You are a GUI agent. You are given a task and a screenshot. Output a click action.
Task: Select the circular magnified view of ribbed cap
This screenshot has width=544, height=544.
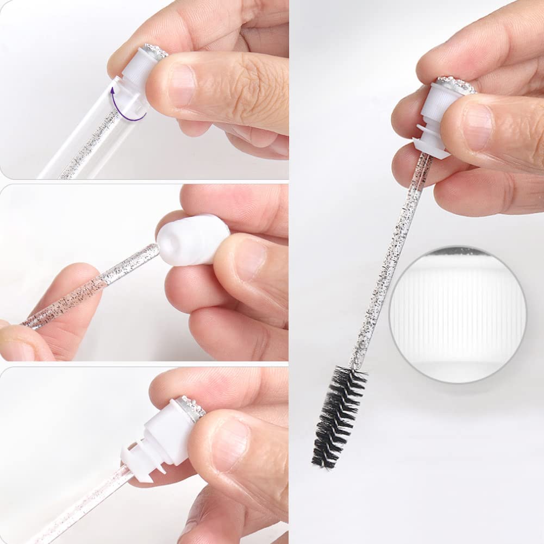point(458,314)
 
